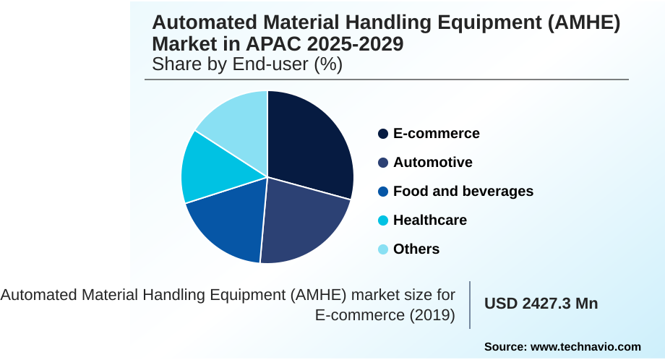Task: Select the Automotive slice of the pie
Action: pos(304,220)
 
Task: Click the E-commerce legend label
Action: pos(436,134)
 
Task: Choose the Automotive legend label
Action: pos(432,163)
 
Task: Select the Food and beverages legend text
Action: pos(463,192)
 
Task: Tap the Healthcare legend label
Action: pos(429,220)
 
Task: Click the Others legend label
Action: pos(416,249)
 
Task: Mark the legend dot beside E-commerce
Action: pos(383,134)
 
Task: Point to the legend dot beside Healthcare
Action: pos(383,220)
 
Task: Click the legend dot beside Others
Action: pos(383,249)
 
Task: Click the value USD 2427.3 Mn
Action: pos(541,304)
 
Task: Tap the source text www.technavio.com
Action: pos(585,346)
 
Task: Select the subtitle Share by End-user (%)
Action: pos(246,64)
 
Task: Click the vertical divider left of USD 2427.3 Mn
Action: pos(470,304)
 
